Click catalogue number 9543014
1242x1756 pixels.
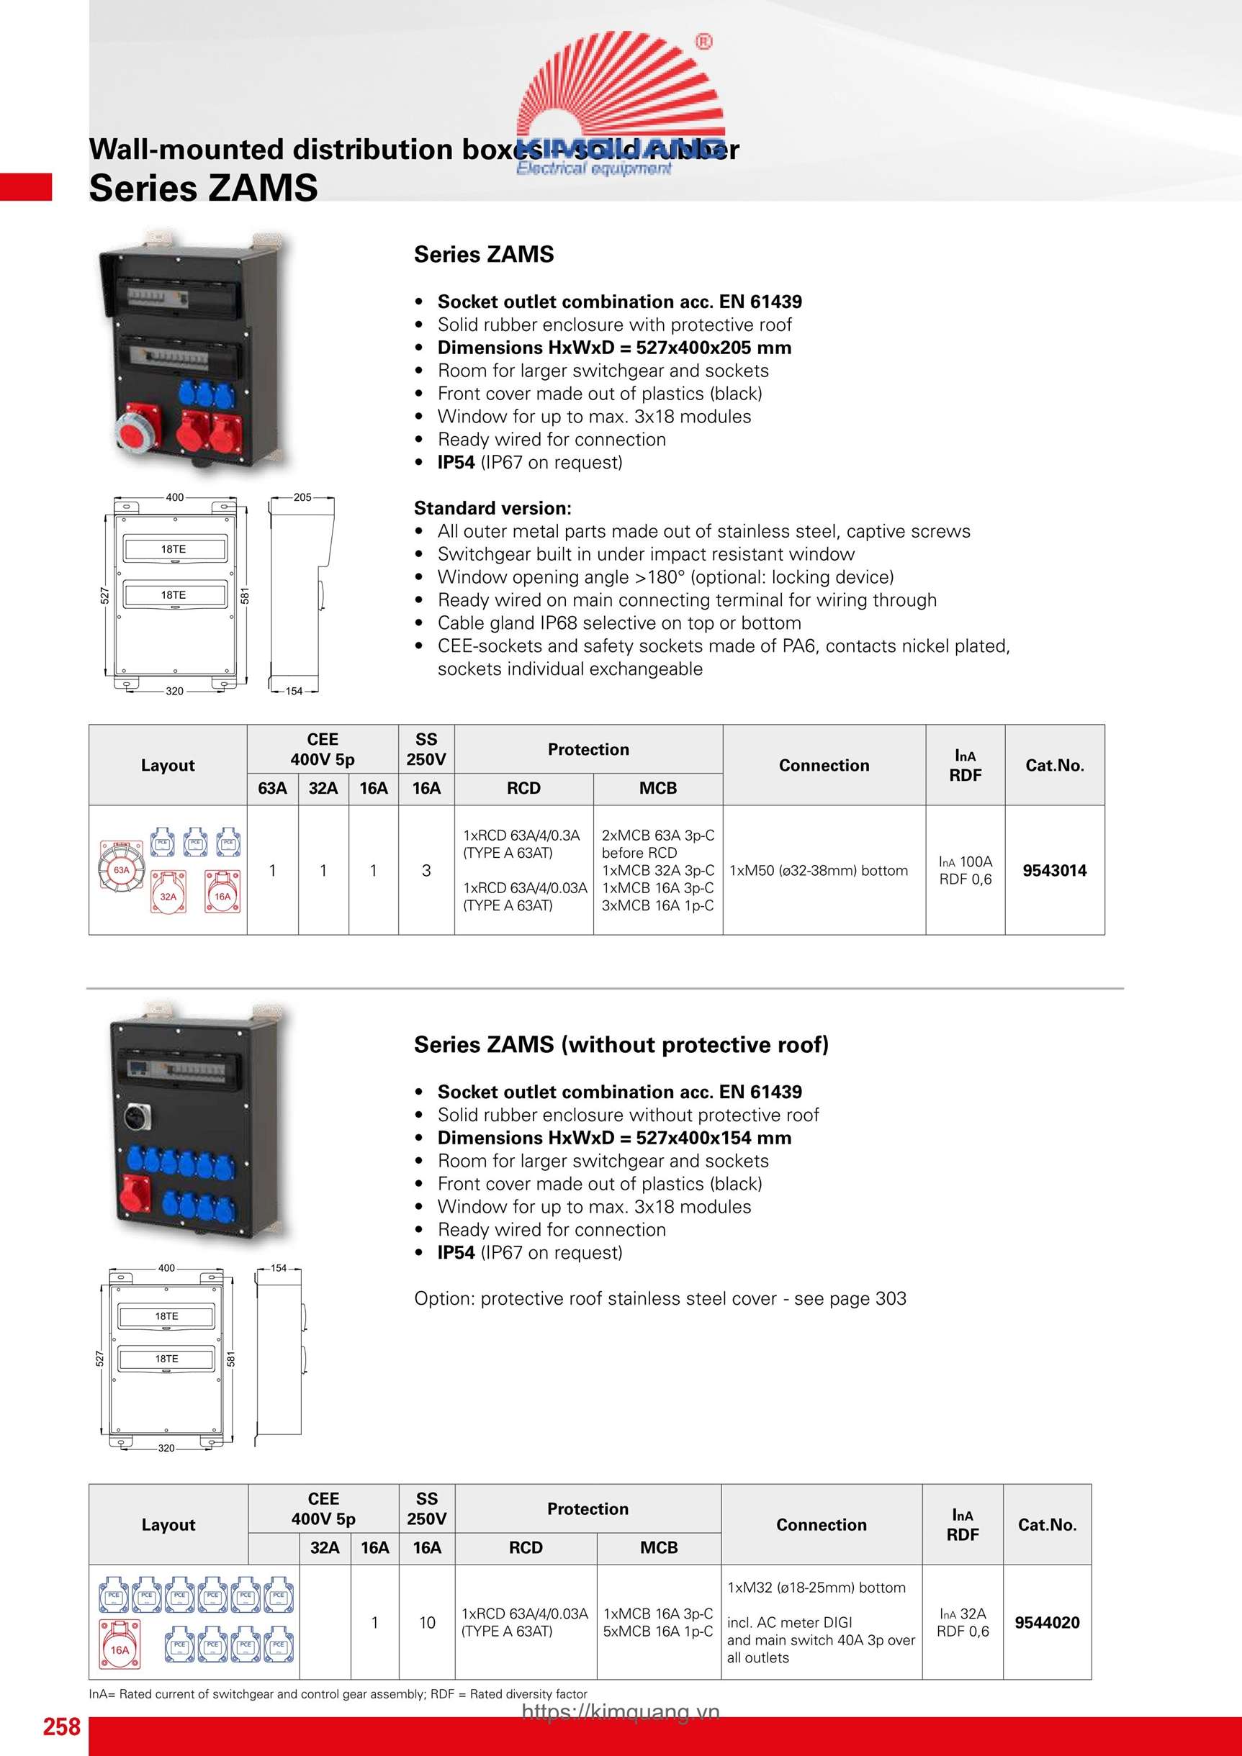coord(1054,870)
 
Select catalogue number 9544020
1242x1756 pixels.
coord(1046,1622)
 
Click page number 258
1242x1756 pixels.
coord(61,1726)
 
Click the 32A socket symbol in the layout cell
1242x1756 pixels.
coord(168,892)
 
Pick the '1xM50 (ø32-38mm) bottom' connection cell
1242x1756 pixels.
coord(819,870)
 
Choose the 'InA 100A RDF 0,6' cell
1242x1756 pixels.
coord(965,870)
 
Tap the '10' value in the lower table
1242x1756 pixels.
coord(427,1622)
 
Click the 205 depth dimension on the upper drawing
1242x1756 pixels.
coord(302,497)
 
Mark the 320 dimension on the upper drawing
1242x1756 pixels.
coord(174,691)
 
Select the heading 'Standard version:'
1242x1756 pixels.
coord(492,508)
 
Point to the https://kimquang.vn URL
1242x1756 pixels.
coord(621,1711)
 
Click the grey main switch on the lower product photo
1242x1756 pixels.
coord(137,1118)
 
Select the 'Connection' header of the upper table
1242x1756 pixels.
coord(824,765)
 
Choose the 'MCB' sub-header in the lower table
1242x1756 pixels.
coord(658,1547)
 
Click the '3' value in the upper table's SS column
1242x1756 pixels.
coord(426,870)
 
